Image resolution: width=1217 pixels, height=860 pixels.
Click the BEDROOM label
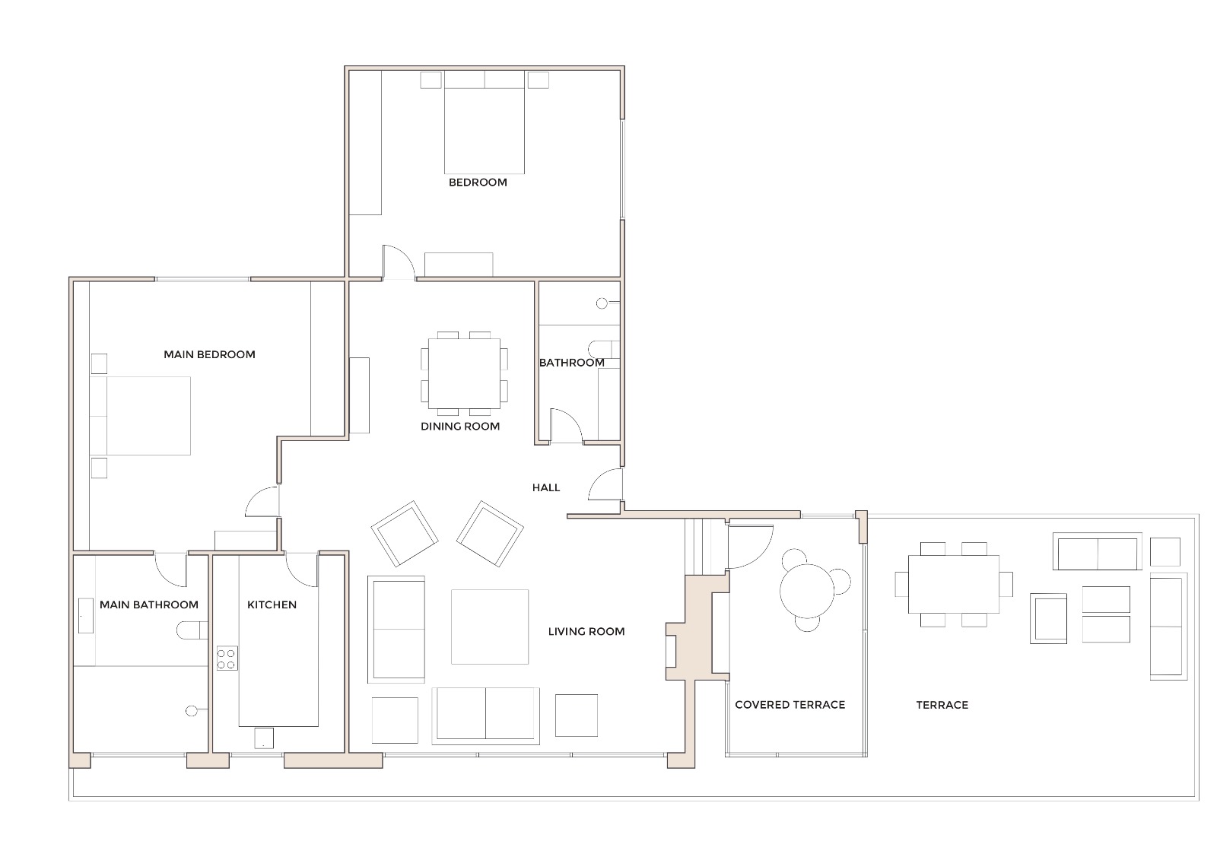pos(477,182)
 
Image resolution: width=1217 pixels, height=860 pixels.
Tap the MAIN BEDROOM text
pos(209,354)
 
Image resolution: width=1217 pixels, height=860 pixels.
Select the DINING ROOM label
pos(460,427)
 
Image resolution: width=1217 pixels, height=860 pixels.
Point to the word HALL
pos(546,487)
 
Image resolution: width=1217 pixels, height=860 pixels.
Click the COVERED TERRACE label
pos(790,705)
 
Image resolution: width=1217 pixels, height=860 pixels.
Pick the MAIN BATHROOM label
pos(149,605)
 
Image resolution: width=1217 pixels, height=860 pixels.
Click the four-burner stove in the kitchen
pos(227,658)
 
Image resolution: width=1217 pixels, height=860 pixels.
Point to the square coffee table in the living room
pos(489,627)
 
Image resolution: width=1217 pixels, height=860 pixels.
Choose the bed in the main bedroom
pos(145,415)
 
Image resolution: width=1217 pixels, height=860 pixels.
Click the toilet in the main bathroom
pos(191,630)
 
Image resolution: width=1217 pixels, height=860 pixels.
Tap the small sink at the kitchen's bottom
pos(263,738)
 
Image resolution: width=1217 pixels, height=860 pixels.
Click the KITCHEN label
pos(272,605)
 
